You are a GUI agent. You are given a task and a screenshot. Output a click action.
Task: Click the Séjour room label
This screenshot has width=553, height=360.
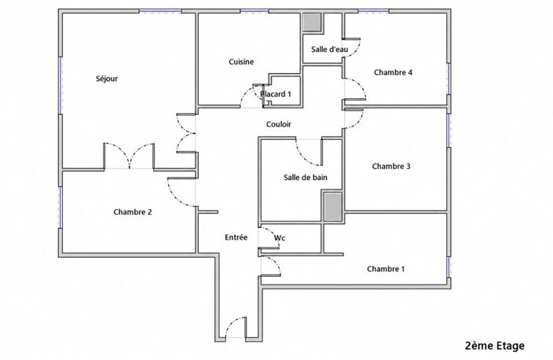point(107,79)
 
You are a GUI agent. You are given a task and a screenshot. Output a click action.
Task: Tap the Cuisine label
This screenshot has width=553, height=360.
point(241,62)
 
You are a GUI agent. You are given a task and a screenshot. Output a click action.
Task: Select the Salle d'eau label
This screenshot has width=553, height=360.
point(329,50)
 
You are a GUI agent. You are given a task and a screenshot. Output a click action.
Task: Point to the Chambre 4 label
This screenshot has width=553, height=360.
point(393,72)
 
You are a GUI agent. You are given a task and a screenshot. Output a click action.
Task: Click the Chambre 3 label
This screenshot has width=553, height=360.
point(391,166)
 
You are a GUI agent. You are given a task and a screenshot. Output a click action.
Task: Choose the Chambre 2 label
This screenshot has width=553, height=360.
point(133,212)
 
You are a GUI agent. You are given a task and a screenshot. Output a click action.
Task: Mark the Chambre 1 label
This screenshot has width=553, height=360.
point(386,269)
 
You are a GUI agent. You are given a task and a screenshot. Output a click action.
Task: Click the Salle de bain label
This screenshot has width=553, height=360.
point(306,177)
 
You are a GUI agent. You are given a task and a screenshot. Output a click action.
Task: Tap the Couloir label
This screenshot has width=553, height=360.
point(279,124)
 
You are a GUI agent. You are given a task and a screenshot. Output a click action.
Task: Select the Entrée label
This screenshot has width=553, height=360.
point(236,237)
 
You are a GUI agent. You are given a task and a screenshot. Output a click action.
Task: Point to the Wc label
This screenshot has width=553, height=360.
point(280,238)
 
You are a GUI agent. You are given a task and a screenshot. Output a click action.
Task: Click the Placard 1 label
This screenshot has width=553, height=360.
point(276,94)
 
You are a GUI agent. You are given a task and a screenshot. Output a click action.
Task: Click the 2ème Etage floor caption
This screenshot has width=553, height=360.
point(494,346)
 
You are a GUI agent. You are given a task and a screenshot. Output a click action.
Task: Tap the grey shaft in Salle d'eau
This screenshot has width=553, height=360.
point(313,23)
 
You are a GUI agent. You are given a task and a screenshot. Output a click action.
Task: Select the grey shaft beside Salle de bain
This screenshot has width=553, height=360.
point(333,207)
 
